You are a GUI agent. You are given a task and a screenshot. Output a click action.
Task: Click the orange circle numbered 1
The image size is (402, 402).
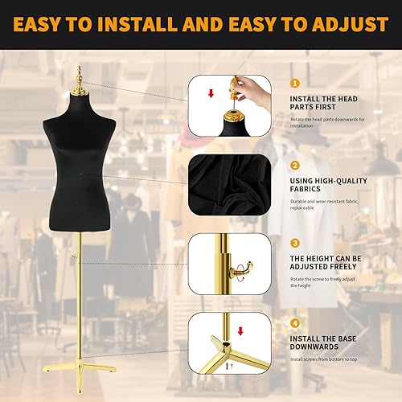[x=294, y=83]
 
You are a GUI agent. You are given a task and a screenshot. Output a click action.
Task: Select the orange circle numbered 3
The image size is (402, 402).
[x=294, y=242]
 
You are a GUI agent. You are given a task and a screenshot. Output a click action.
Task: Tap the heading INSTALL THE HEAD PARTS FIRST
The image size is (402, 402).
[x=328, y=104]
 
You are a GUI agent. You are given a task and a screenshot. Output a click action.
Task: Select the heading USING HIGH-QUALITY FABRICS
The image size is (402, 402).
[x=328, y=186]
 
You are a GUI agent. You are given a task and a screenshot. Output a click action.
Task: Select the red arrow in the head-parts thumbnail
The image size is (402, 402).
[x=211, y=94]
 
